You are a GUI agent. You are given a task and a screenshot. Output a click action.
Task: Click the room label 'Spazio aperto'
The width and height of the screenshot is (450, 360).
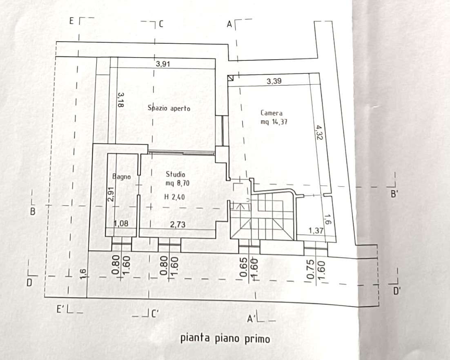click(x=169, y=109)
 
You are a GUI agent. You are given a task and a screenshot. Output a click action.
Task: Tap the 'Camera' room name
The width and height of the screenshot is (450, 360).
click(x=271, y=113)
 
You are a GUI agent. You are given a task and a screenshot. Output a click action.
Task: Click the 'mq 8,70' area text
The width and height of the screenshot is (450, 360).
click(x=177, y=184)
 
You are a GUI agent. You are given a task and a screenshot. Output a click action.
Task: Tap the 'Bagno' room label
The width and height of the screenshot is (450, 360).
click(x=122, y=177)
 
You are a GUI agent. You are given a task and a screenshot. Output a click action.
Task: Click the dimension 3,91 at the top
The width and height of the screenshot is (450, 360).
click(x=163, y=64)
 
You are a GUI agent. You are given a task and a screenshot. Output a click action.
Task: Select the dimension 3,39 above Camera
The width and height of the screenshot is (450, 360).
click(x=274, y=81)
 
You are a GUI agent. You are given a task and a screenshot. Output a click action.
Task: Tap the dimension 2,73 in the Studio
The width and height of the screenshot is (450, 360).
click(x=178, y=224)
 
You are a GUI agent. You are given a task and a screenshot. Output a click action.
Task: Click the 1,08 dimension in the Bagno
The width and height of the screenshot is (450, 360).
click(x=121, y=224)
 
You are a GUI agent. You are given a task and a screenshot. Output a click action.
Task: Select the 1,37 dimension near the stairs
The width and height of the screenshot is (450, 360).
click(x=316, y=231)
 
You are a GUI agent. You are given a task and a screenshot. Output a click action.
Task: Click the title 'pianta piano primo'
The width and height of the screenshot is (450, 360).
click(x=225, y=338)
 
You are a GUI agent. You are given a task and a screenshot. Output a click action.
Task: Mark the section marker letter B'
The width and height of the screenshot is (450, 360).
click(x=394, y=195)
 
